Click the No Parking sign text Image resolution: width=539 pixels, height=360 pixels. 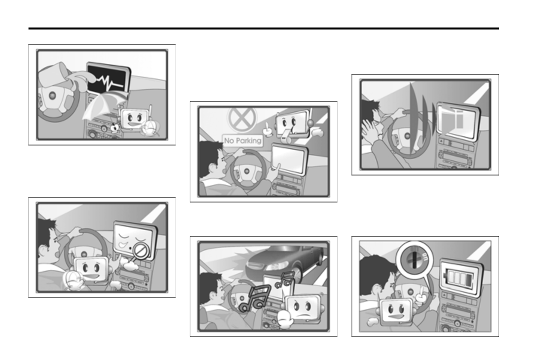click(242, 140)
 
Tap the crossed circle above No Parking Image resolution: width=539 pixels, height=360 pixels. click(242, 118)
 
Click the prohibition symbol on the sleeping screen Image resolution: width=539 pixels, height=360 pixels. click(140, 251)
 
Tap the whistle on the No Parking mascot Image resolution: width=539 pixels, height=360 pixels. click(284, 139)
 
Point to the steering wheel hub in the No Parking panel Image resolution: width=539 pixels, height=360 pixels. click(247, 171)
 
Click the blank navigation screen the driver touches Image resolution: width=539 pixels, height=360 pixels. click(289, 158)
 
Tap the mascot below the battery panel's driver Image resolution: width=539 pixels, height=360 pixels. click(396, 311)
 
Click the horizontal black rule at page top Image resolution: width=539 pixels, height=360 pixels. click(263, 28)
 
